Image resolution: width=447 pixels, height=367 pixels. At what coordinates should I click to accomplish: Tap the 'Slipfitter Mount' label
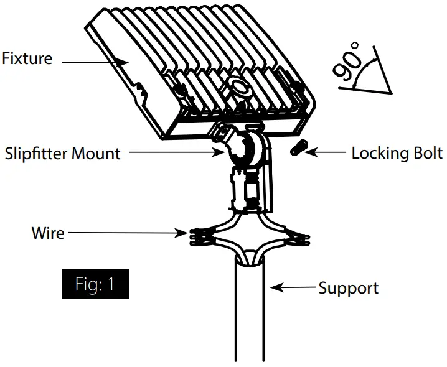click(62, 153)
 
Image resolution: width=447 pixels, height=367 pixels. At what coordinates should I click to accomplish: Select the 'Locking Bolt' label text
click(397, 153)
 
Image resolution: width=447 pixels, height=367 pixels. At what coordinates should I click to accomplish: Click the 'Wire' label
click(47, 233)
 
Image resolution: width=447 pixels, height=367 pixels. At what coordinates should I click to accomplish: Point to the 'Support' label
click(348, 288)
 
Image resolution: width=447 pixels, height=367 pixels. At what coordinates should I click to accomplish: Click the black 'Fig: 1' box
click(95, 285)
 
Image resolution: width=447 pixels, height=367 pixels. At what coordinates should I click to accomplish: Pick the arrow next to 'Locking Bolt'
click(327, 152)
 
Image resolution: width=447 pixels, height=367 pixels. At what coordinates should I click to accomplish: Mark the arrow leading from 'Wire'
click(125, 234)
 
